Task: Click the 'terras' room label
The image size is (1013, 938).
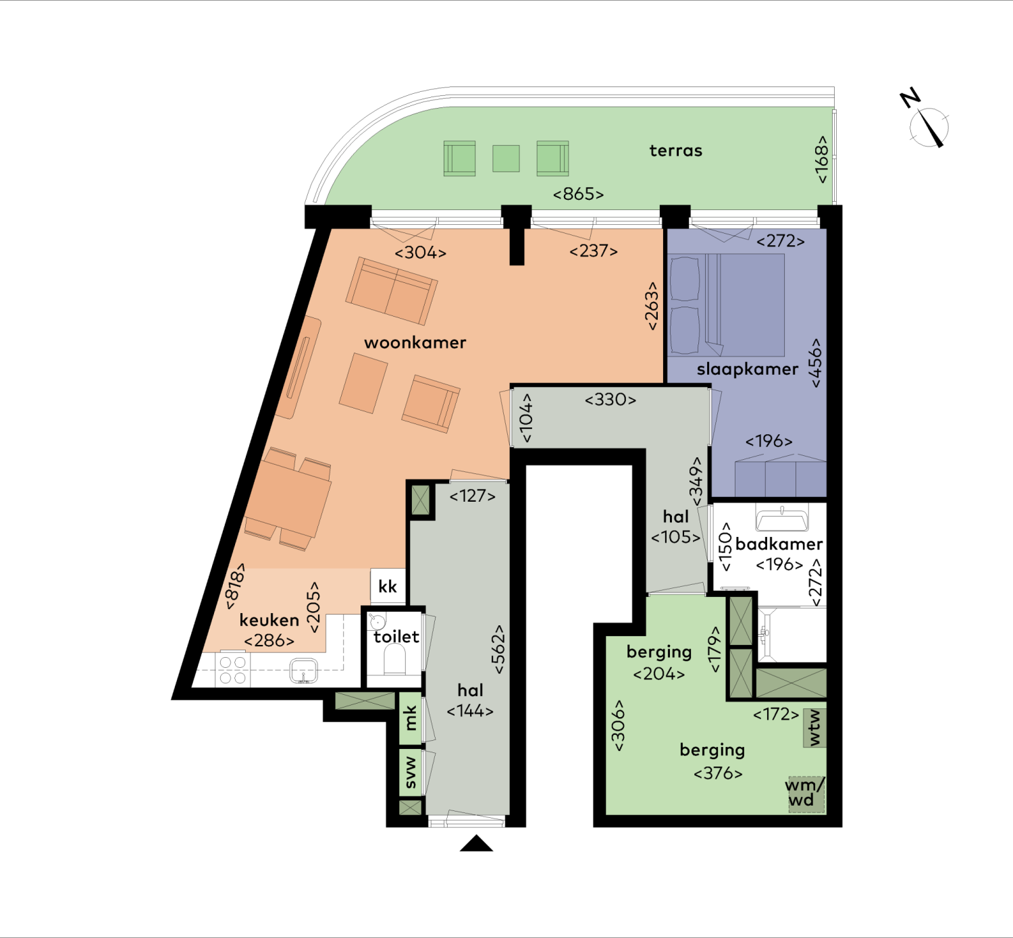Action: point(676,151)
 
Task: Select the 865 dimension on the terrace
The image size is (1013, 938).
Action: point(578,194)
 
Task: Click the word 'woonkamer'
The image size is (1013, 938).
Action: point(415,342)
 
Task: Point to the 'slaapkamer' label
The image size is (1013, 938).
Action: point(747,369)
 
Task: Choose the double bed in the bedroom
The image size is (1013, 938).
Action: point(727,305)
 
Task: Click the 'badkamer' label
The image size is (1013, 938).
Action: point(779,544)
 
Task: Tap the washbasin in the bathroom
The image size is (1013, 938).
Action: point(782,519)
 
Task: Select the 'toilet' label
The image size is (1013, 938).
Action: point(396,637)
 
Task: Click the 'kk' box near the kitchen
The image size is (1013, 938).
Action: point(388,586)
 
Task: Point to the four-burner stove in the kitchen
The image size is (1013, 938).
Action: point(232,670)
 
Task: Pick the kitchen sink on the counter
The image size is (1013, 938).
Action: point(303,671)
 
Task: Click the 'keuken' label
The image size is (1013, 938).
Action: point(269,620)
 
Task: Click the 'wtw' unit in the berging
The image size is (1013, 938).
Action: point(814,728)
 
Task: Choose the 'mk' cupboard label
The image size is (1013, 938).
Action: point(411,718)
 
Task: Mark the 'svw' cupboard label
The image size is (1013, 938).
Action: point(411,773)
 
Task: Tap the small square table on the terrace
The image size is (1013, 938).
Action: point(506,158)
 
